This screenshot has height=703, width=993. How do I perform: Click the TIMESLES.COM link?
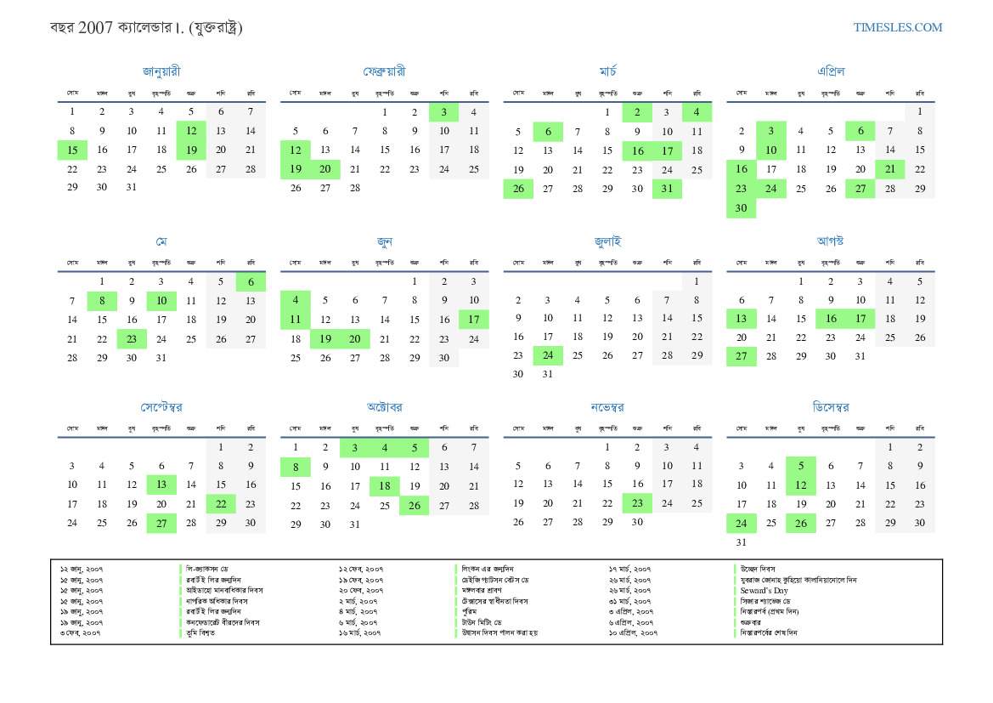tap(898, 27)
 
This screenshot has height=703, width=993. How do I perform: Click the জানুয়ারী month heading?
tap(161, 71)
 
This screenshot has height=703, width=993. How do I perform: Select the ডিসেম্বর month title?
tap(831, 407)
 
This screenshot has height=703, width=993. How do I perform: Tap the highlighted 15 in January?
tap(72, 150)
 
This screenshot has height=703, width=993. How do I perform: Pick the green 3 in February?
tap(443, 111)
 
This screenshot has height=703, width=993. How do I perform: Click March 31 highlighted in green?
tap(667, 189)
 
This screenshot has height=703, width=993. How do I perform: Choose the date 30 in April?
tap(741, 208)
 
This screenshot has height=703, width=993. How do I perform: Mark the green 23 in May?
tap(132, 339)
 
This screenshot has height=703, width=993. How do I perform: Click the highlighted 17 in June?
tap(474, 320)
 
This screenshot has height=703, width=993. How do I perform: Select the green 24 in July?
tap(548, 354)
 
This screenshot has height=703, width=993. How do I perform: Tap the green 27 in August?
tap(741, 356)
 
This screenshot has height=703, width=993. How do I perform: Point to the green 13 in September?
tap(161, 485)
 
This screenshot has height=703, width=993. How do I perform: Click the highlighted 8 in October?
tap(296, 467)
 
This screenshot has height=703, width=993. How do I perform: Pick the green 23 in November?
tap(637, 503)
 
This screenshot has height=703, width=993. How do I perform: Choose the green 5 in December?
tap(801, 466)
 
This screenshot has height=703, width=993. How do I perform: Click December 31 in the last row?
tap(741, 542)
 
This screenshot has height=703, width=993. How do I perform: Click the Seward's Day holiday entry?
tap(764, 590)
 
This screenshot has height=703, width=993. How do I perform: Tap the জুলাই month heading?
tap(607, 241)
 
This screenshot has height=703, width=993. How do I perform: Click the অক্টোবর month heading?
tap(385, 407)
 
